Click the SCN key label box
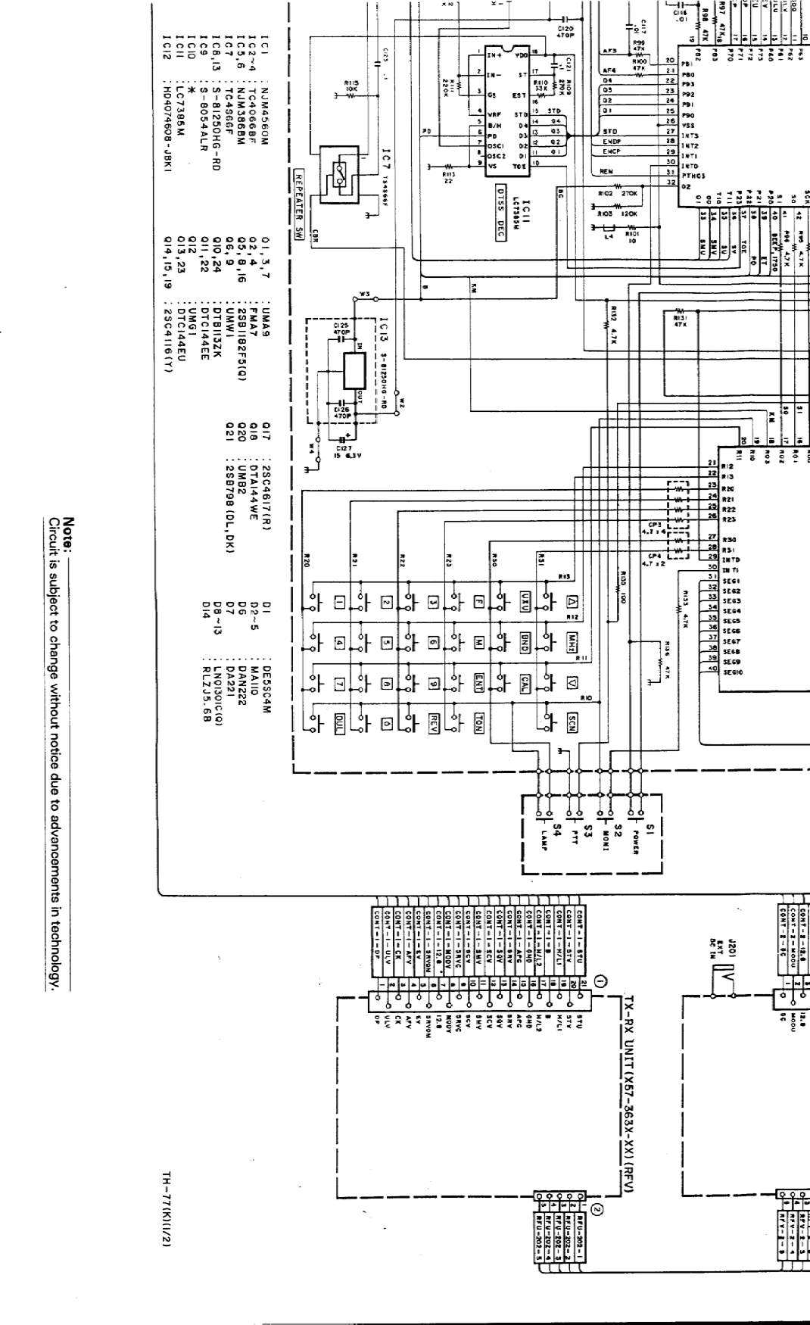coord(572,720)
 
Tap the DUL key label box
coord(340,720)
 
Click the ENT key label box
coord(478,678)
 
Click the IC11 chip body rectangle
coord(507,110)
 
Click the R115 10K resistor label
coord(350,89)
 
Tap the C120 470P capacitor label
coord(566,31)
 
